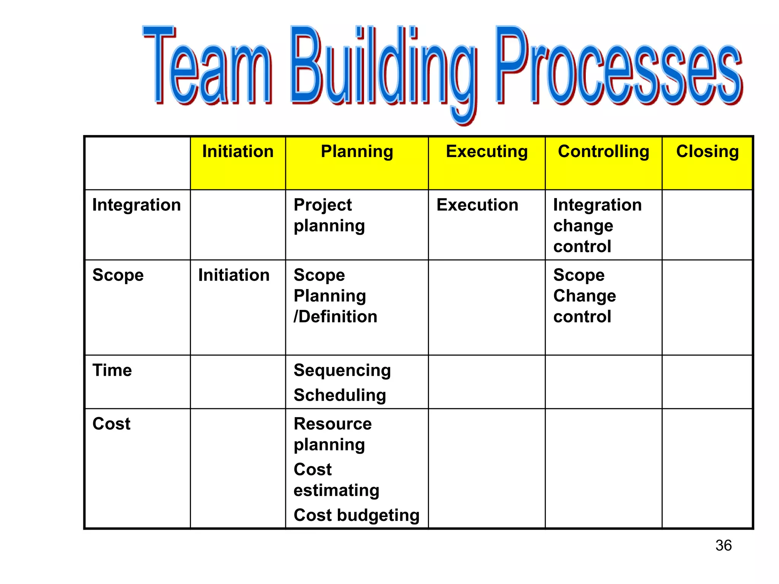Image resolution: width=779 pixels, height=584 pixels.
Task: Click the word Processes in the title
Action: pos(618,68)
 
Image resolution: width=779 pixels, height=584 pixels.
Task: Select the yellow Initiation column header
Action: pos(238,152)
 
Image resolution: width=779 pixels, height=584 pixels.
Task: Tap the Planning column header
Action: pos(357,152)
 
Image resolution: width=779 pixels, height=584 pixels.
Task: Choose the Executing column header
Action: pos(486,152)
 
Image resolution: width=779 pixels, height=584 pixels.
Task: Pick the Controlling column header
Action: pos(603,152)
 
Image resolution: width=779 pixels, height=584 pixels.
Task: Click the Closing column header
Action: pos(707,152)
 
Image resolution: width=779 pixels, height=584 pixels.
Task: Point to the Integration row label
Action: pos(136,205)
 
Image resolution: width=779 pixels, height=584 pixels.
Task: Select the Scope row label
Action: pos(118,275)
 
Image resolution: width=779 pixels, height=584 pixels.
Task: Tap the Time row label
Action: pos(112,370)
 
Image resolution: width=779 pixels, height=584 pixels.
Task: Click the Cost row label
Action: pos(111,424)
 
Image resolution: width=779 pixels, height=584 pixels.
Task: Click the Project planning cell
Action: pos(329,216)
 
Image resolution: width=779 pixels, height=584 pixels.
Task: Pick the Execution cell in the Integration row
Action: pos(477,205)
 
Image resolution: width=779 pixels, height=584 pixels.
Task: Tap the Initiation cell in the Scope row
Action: pos(234,275)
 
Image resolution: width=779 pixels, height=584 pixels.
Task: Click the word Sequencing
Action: pos(342,371)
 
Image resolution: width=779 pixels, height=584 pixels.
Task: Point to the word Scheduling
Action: pos(340,395)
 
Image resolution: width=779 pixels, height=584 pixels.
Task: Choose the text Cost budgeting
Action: pos(356,516)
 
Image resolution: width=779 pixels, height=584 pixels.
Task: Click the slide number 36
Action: pos(723,546)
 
